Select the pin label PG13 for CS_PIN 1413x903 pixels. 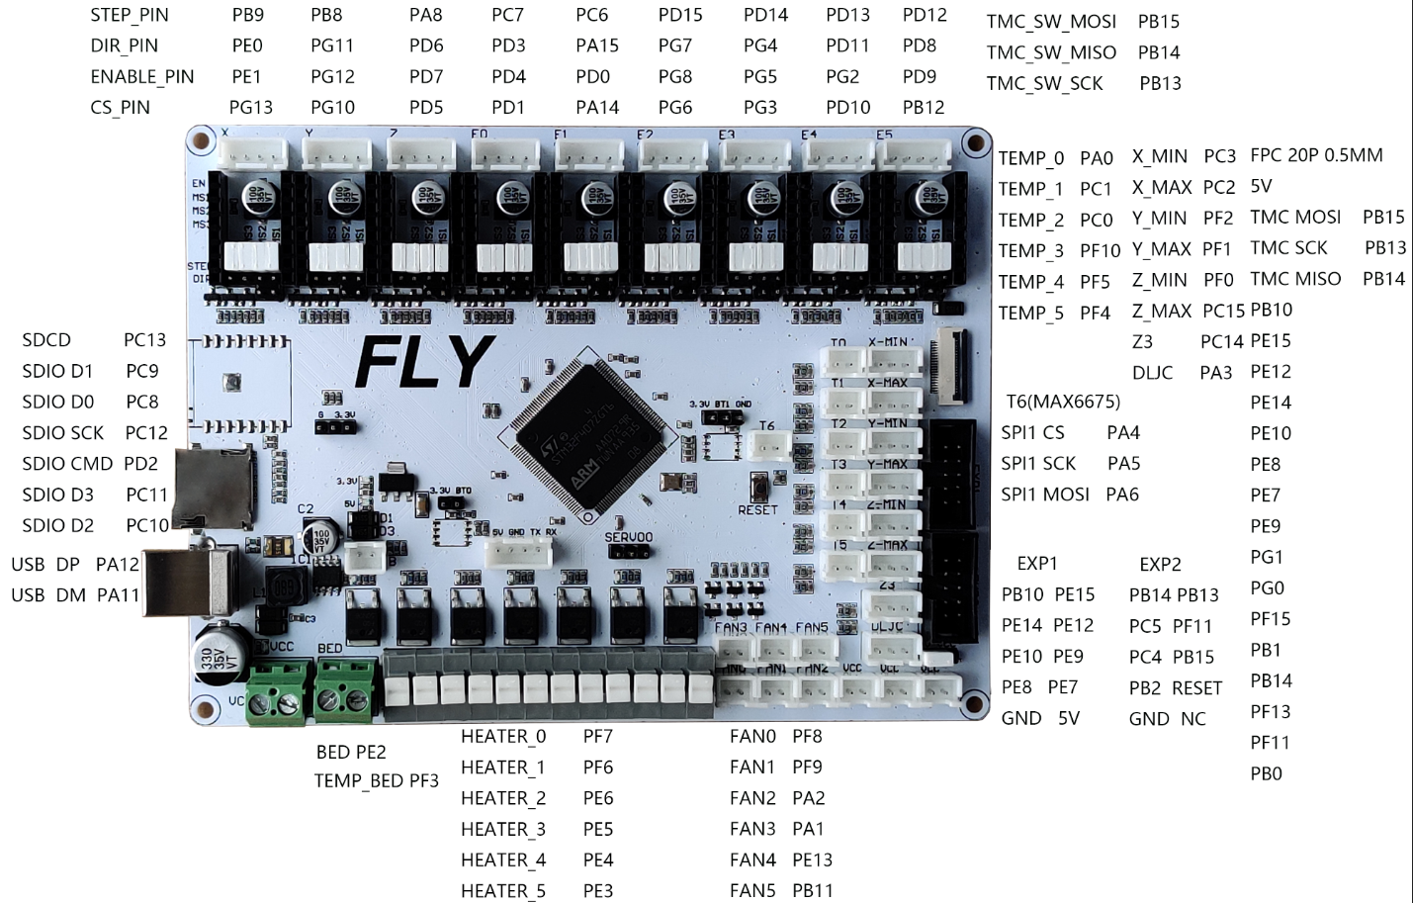tap(250, 107)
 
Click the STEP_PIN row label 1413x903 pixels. tap(130, 15)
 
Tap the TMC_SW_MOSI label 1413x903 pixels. tap(1051, 22)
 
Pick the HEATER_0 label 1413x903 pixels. tap(503, 736)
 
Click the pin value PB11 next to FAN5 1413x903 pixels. tap(813, 890)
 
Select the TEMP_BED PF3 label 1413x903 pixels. tap(377, 780)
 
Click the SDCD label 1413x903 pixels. tap(46, 340)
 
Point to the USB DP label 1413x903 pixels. tap(45, 564)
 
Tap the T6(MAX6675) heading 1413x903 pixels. tap(1063, 402)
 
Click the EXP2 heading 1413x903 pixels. tap(1160, 564)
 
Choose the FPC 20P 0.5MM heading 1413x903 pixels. tap(1316, 155)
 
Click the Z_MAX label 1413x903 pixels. tap(1162, 311)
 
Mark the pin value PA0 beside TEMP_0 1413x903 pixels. tap(1096, 158)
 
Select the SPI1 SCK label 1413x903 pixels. tap(1038, 463)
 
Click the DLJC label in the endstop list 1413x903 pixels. tap(1152, 373)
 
